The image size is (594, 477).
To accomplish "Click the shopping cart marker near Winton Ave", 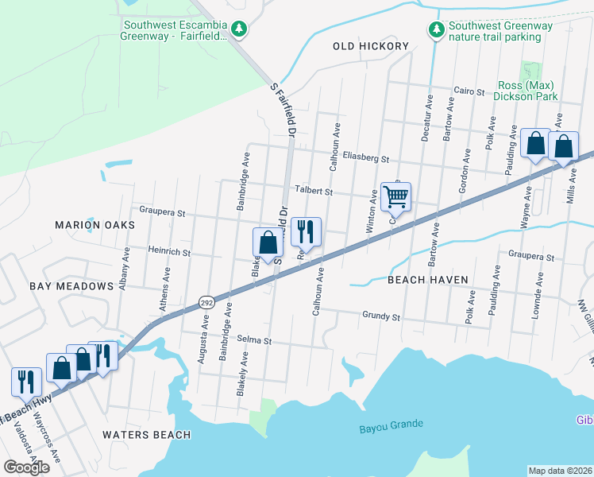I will pyautogui.click(x=395, y=196).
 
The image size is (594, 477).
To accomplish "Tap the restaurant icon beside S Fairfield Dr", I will pyautogui.click(x=306, y=232).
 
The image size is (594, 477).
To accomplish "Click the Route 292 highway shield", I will pyautogui.click(x=205, y=302).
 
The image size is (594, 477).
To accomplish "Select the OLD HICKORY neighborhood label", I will pyautogui.click(x=371, y=46).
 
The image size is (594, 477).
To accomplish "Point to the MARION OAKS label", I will pyautogui.click(x=95, y=225).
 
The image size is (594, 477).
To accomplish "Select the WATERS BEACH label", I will pyautogui.click(x=146, y=434).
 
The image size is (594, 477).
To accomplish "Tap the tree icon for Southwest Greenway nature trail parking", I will pyautogui.click(x=435, y=30).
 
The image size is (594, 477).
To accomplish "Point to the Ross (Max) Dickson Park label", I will pyautogui.click(x=527, y=91).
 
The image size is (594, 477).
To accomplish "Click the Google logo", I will pyautogui.click(x=26, y=467).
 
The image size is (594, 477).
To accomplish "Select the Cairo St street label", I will pyautogui.click(x=469, y=92).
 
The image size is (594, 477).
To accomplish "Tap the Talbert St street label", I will pyautogui.click(x=313, y=191).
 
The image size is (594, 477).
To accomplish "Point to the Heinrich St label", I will pyautogui.click(x=169, y=252).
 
